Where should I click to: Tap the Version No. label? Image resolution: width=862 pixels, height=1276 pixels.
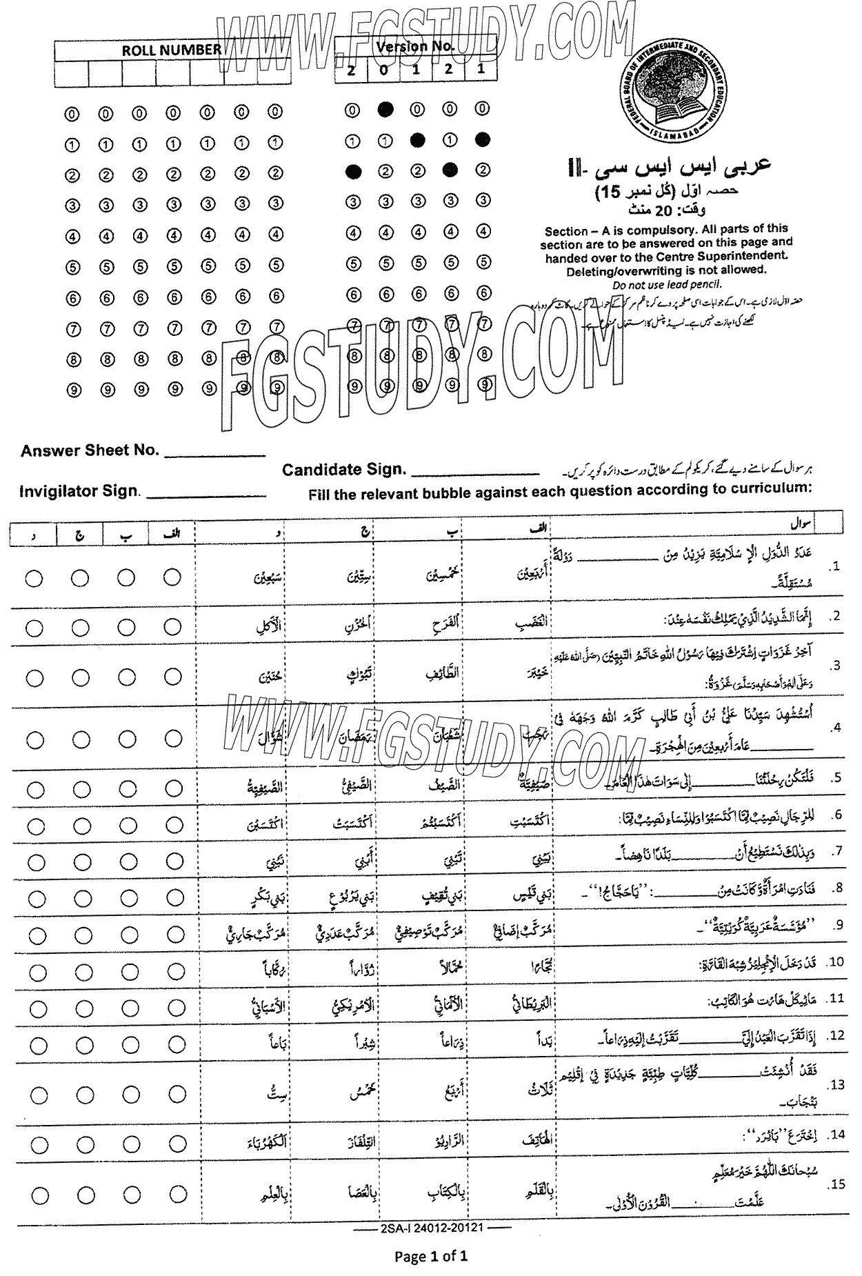(415, 46)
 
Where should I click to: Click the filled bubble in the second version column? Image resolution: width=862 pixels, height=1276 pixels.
(385, 109)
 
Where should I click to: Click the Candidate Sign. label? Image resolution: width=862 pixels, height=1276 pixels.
(343, 470)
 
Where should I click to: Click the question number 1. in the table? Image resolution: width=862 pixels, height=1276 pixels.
(836, 566)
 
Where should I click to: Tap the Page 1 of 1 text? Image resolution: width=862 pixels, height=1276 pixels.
(431, 1256)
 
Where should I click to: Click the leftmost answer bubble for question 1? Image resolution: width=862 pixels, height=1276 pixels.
(34, 578)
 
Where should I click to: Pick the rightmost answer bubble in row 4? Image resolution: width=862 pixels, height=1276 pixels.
(172, 739)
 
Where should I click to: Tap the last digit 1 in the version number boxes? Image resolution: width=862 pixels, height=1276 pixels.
(481, 68)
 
